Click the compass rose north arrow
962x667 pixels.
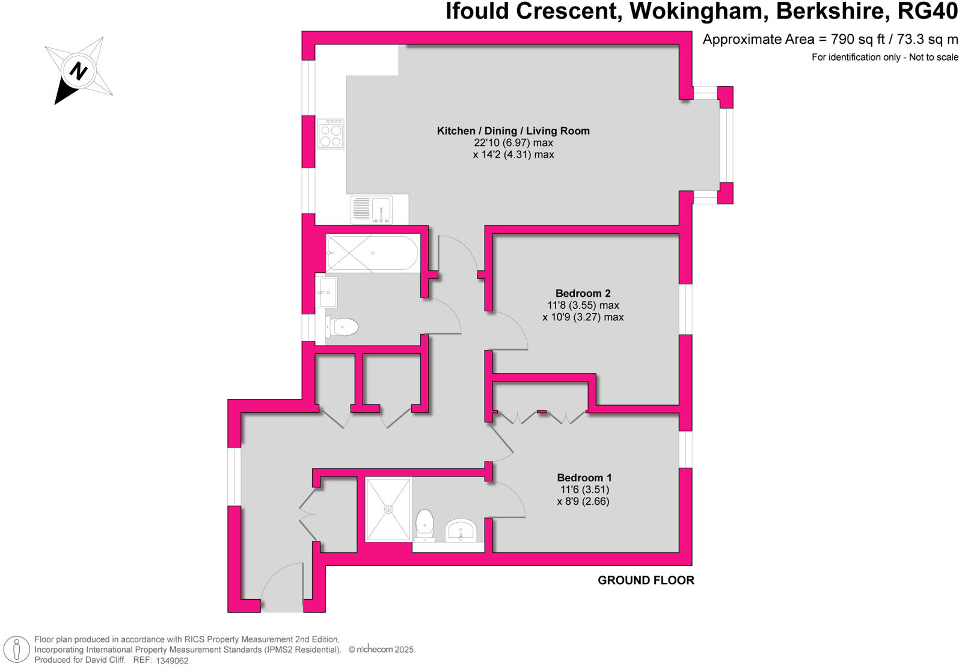tap(79, 71)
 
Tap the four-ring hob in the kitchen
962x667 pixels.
tap(331, 133)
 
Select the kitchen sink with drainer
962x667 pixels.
tap(372, 210)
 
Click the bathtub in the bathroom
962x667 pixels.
tap(372, 253)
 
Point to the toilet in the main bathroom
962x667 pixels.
tap(343, 327)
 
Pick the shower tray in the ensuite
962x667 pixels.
tap(388, 509)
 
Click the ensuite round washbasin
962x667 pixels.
tap(461, 531)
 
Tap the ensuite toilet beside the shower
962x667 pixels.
tap(425, 525)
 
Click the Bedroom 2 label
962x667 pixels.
tap(583, 293)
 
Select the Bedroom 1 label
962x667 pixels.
tap(583, 478)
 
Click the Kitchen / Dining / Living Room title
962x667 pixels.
tap(513, 130)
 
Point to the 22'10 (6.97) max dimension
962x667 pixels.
tap(513, 143)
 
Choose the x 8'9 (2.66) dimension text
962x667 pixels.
tap(583, 501)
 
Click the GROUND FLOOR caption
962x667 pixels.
tap(646, 580)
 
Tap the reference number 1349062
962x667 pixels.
tap(172, 660)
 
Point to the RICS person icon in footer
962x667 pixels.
tap(17, 650)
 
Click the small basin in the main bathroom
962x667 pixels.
tap(328, 292)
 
